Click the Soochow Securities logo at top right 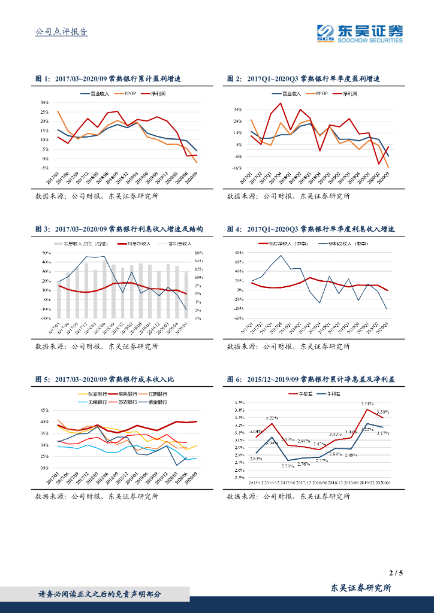click(360, 33)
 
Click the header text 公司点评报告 click(62, 32)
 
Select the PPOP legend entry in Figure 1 click(131, 94)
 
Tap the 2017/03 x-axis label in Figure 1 click(53, 178)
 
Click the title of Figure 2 click(304, 79)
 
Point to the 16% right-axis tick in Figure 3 click(199, 253)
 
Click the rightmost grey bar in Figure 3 click(186, 295)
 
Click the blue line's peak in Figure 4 click(281, 256)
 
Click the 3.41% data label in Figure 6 click(367, 403)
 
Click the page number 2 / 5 click(396, 573)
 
